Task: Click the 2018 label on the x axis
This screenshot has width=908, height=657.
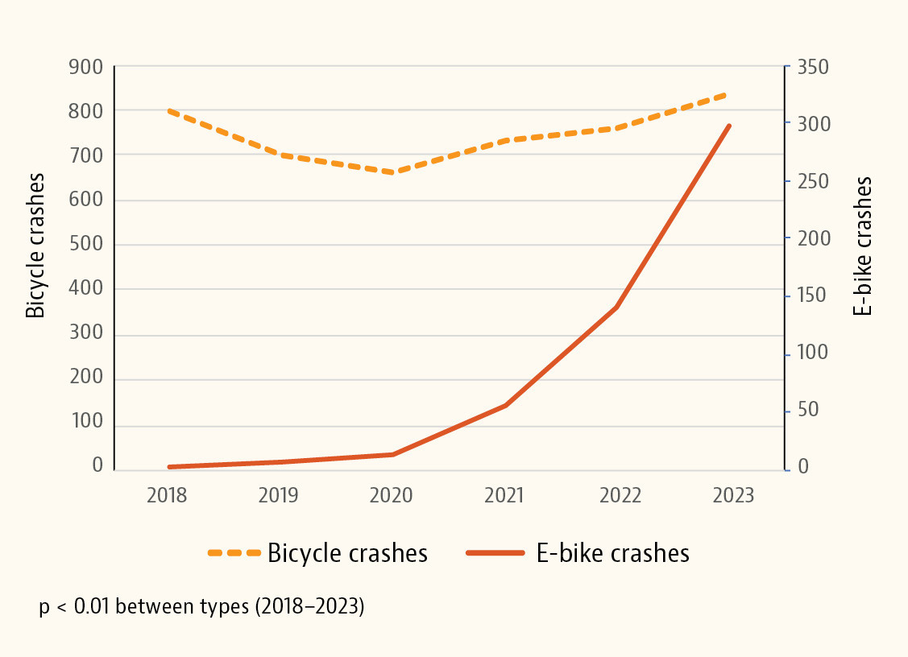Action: coord(167,495)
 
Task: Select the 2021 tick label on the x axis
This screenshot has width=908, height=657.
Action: coord(504,495)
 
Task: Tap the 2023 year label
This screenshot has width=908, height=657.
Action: coord(732,495)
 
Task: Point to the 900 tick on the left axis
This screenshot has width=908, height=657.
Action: coord(86,67)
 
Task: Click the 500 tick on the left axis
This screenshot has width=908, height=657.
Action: coord(86,245)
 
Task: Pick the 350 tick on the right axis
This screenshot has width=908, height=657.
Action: coord(813,67)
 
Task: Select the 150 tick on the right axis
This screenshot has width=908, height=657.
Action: coord(813,295)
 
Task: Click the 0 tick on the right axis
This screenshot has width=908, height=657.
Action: coord(803,467)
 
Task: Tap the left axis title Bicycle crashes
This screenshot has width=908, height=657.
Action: coord(36,246)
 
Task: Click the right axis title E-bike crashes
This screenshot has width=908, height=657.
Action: coord(864,246)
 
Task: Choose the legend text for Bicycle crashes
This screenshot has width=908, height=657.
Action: coord(347,554)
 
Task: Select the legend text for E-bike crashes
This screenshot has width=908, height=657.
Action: coord(612,554)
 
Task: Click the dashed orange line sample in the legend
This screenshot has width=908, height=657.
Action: coord(234,554)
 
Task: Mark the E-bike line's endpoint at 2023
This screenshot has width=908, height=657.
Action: coord(729,126)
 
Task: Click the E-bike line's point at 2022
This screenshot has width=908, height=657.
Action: coord(616,308)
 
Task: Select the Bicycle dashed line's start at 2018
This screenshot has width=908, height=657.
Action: coord(168,110)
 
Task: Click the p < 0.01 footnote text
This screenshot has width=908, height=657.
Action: coord(201,606)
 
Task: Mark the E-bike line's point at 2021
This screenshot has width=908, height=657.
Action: coord(505,405)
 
